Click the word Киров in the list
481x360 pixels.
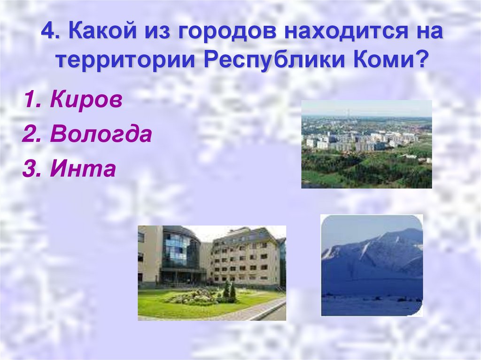click(x=85, y=101)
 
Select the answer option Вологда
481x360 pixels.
click(x=101, y=135)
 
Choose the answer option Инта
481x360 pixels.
click(x=83, y=169)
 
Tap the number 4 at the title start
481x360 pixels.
click(x=47, y=32)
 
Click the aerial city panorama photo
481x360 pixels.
click(x=366, y=144)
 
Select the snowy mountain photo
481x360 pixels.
click(x=372, y=265)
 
